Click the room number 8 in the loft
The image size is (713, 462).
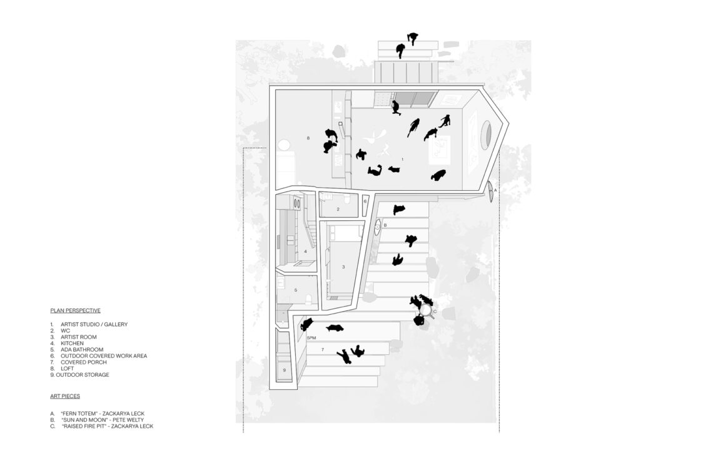coord(308,138)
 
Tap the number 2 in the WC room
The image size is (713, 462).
coord(338,209)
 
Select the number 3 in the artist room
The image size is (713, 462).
coord(343,267)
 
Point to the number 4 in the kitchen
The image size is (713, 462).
coord(306,251)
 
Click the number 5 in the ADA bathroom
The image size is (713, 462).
coord(296,290)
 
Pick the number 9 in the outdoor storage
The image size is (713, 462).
coord(285,370)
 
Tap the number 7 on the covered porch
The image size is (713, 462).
coord(322,349)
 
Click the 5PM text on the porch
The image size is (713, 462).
coord(311,338)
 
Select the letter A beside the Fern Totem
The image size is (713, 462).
coord(495,190)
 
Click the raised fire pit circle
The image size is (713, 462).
coord(427,310)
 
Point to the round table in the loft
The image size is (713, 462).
coord(284,146)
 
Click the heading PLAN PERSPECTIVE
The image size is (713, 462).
coord(76,311)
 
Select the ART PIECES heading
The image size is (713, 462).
coord(65,396)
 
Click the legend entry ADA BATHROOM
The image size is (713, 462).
coord(83,349)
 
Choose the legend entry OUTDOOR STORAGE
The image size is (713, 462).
coord(83,375)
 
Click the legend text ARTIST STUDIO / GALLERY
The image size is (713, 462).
coord(94,324)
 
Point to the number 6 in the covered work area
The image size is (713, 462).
coord(365,201)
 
